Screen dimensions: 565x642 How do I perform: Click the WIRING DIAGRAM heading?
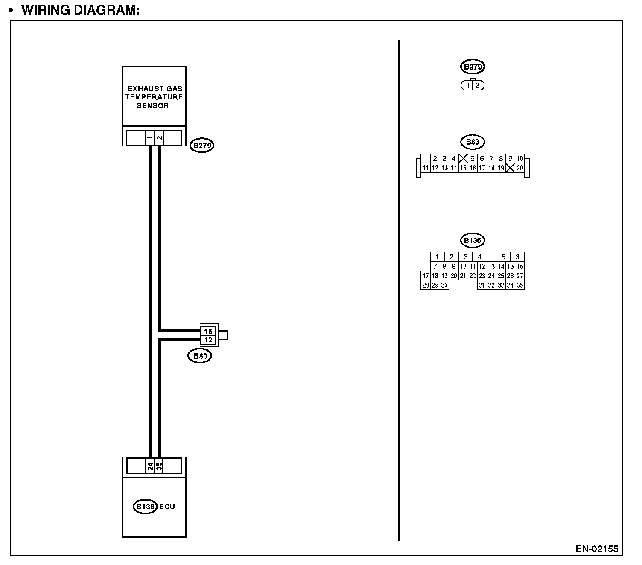[81, 10]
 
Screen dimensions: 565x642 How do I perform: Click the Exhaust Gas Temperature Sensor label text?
[154, 97]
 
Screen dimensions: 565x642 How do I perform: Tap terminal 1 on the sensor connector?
[150, 138]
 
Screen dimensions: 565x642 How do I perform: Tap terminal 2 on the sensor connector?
[159, 138]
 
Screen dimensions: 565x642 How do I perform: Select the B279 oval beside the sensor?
[201, 146]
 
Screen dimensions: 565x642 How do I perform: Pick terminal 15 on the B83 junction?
[208, 331]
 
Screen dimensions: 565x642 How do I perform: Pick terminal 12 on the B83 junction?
[208, 340]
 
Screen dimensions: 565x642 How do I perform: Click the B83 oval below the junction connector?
[200, 356]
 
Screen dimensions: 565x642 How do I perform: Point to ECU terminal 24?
[150, 466]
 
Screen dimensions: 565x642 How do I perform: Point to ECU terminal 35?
[159, 466]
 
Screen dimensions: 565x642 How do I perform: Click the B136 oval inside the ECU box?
[145, 507]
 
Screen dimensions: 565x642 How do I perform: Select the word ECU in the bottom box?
[167, 507]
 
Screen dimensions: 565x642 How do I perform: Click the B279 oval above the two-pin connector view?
[473, 67]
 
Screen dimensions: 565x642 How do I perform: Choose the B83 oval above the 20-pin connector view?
[473, 142]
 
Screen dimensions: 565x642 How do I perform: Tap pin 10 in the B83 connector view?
[519, 159]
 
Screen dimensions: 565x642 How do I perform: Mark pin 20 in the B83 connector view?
[519, 168]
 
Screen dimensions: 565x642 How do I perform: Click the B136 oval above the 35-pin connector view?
[473, 240]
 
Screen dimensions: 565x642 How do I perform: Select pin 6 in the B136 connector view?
[517, 257]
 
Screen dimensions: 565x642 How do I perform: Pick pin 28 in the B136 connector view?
[425, 285]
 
